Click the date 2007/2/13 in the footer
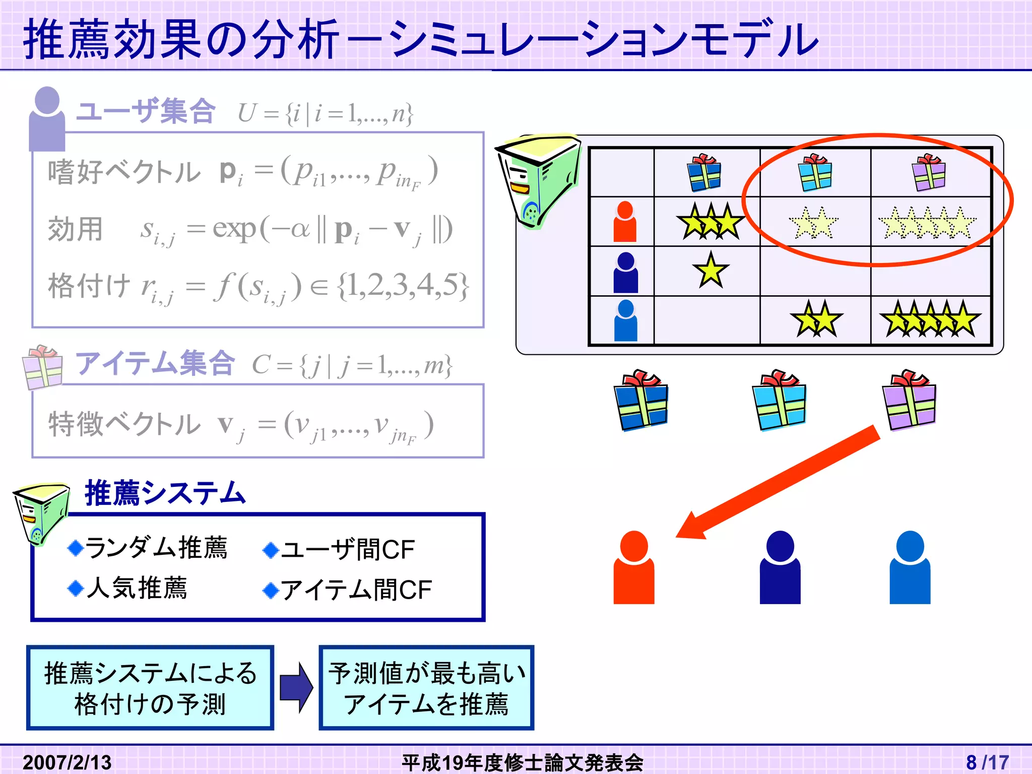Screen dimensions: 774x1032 click(x=67, y=762)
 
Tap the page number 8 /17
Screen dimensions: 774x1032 click(x=987, y=762)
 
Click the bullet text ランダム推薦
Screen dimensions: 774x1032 click(x=156, y=548)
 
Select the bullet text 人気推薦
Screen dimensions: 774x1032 click(x=136, y=588)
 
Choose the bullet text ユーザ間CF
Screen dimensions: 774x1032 click(x=347, y=549)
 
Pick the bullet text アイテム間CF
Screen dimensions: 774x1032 click(x=356, y=590)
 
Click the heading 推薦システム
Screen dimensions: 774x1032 click(x=165, y=493)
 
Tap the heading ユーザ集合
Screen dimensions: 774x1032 click(x=146, y=111)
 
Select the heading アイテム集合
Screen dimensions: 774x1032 click(x=155, y=363)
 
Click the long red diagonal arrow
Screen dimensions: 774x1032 click(x=779, y=482)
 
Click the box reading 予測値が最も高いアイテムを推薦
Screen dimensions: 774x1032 click(x=426, y=688)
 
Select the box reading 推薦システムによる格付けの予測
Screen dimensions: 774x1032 click(x=150, y=688)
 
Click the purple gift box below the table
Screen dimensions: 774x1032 click(x=909, y=400)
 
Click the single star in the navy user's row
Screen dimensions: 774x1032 click(x=711, y=271)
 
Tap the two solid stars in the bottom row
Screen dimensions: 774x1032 click(x=816, y=319)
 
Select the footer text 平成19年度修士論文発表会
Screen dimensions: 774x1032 click(x=522, y=762)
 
